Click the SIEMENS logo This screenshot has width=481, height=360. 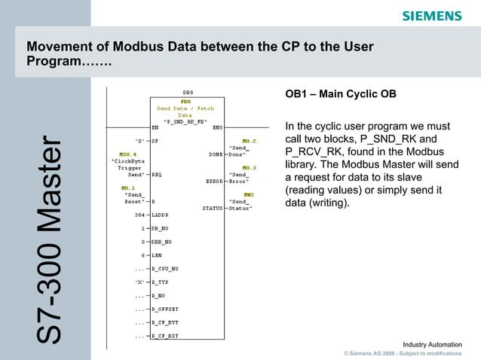(431, 16)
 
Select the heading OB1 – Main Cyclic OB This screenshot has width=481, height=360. (340, 94)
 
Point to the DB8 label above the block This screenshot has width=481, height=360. (188, 93)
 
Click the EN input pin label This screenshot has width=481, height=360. (155, 127)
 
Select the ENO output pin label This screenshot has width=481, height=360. (217, 127)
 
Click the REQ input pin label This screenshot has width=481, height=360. (157, 174)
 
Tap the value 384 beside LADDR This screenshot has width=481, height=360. (139, 215)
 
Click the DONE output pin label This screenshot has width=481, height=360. (216, 154)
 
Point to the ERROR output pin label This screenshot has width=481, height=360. (214, 181)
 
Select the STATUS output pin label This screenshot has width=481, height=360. (213, 208)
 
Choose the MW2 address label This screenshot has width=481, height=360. (248, 194)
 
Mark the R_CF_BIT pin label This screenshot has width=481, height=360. (165, 336)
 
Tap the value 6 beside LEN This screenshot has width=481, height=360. (142, 255)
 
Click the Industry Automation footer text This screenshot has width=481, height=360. (432, 344)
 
